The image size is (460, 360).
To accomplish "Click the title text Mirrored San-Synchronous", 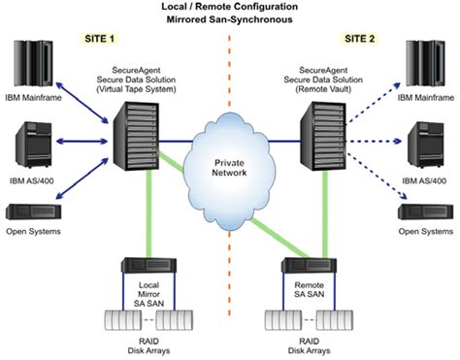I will (x=230, y=19).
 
